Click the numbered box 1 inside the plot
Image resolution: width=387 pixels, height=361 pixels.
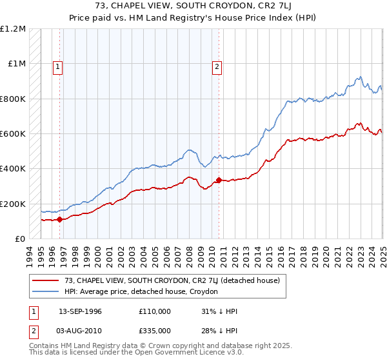pos(58,66)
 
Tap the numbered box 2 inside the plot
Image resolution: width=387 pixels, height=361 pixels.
pos(217,66)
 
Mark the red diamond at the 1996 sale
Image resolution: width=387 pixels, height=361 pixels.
pos(60,220)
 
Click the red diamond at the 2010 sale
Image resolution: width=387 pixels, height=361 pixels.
pos(219,180)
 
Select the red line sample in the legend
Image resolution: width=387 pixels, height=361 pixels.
pos(46,280)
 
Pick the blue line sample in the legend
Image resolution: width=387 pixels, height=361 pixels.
pos(46,291)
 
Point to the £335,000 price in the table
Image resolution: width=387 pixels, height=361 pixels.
pos(154,330)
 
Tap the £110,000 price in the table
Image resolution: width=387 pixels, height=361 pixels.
pos(154,311)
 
